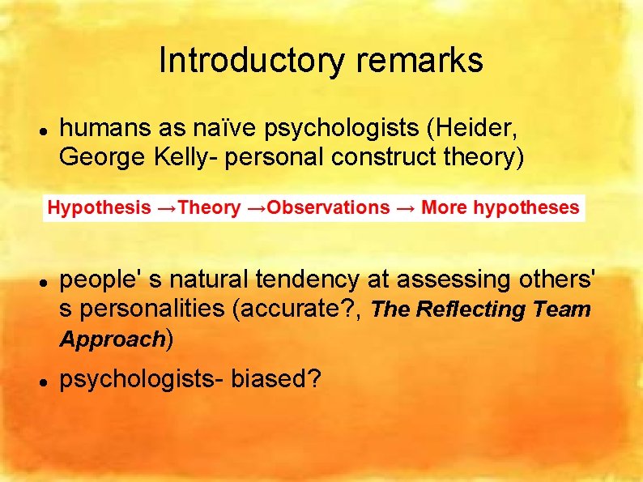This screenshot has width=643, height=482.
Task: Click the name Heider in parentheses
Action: coord(479,126)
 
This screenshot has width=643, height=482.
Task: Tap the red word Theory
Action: coord(209,207)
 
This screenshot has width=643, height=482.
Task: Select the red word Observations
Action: coord(328,207)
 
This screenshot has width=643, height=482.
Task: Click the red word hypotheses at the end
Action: coord(526,207)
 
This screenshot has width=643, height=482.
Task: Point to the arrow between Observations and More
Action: coord(406,207)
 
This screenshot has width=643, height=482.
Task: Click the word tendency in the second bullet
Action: coord(311,280)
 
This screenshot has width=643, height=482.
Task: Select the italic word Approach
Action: coord(112,339)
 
